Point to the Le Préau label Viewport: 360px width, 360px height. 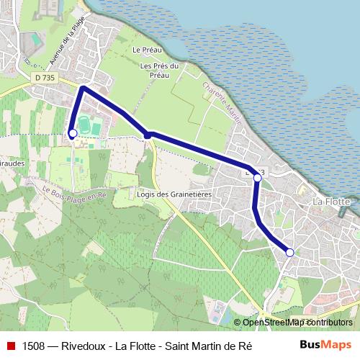[145, 50]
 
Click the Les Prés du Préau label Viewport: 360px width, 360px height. [158, 70]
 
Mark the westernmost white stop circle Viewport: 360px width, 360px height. [72, 133]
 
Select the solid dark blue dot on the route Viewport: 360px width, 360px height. [148, 135]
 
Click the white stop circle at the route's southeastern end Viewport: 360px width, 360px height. [290, 252]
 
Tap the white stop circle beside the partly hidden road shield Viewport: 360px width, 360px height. [257, 177]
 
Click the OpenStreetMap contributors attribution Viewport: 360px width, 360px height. [297, 322]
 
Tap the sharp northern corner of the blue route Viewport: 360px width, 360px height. [84, 88]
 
